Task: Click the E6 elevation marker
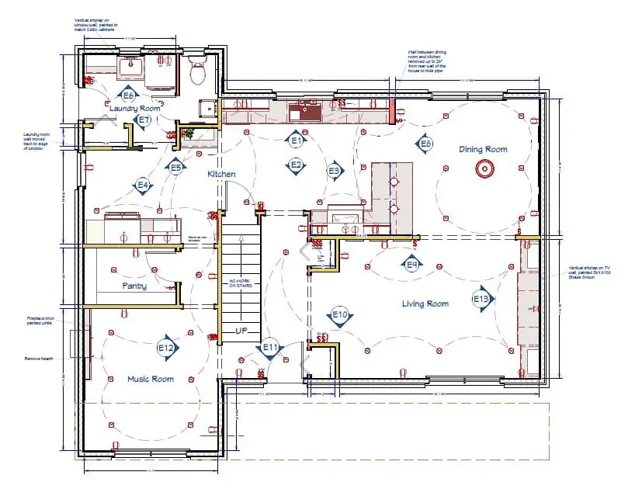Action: click(x=129, y=95)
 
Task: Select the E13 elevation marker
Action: click(x=481, y=299)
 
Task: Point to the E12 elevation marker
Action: click(x=166, y=349)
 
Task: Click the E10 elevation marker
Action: click(x=339, y=315)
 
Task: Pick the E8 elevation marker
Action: click(x=425, y=144)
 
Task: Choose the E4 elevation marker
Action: click(x=143, y=186)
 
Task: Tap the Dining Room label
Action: click(x=483, y=150)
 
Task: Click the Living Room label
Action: click(x=425, y=303)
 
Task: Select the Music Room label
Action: click(x=151, y=379)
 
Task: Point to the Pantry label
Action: click(x=134, y=286)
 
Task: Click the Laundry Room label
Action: click(x=134, y=109)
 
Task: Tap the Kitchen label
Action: click(x=221, y=175)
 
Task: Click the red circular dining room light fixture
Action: click(x=484, y=168)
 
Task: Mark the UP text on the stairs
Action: click(x=241, y=331)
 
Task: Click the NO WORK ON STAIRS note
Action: click(x=240, y=285)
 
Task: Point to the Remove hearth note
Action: click(x=37, y=359)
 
